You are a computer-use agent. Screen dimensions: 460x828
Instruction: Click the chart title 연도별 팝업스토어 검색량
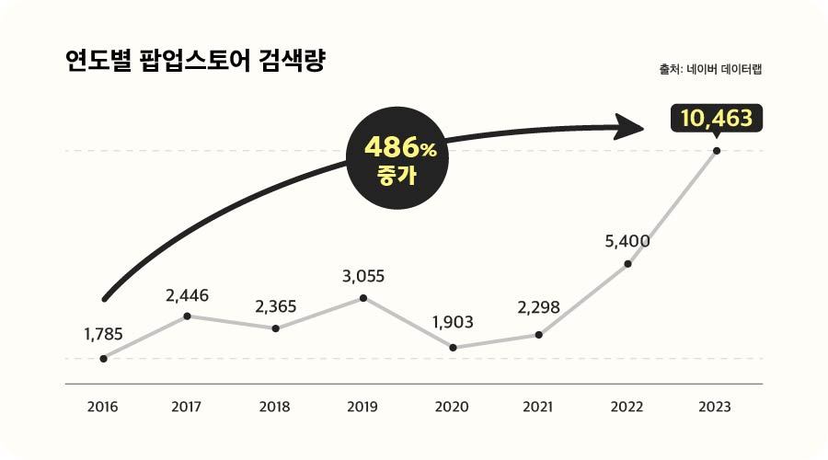point(194,63)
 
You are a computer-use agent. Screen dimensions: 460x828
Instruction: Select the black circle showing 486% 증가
point(397,159)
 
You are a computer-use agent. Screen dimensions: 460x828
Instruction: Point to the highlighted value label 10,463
point(717,118)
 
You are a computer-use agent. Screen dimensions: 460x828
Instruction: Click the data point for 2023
point(717,150)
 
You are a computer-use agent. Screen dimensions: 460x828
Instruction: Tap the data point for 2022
point(627,264)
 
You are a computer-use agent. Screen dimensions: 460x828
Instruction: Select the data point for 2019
point(363,297)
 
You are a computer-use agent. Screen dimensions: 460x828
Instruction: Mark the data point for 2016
point(103,358)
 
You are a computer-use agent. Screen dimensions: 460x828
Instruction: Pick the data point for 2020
point(453,347)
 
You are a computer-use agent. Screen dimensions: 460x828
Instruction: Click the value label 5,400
point(627,242)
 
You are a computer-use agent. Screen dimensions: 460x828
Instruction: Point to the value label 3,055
point(362,275)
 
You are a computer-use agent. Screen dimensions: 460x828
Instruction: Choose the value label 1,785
point(102,334)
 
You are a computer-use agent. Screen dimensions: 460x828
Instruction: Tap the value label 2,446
point(188,295)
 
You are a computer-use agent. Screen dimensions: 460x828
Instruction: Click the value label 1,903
point(453,323)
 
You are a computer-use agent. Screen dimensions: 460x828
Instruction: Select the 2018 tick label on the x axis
point(274,406)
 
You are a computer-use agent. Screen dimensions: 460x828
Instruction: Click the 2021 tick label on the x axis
point(538,406)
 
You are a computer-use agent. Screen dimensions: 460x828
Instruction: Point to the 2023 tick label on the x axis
point(715,406)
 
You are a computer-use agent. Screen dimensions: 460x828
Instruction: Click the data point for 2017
point(188,316)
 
